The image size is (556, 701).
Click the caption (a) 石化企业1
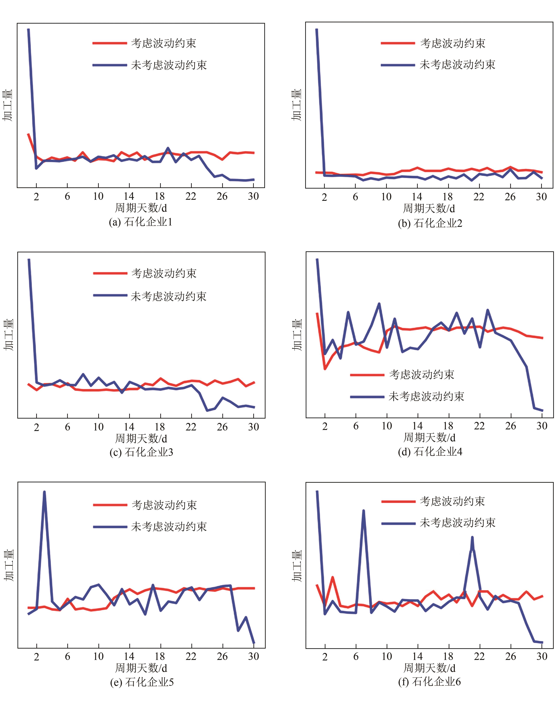tap(141, 222)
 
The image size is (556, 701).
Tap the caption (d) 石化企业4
tap(430, 452)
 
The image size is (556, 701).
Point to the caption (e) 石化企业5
tap(142, 682)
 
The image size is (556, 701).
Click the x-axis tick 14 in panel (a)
tap(129, 196)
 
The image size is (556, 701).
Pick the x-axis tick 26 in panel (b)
tap(510, 197)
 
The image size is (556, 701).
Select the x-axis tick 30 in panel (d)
tap(542, 426)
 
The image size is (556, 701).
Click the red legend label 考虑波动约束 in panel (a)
tap(164, 43)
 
